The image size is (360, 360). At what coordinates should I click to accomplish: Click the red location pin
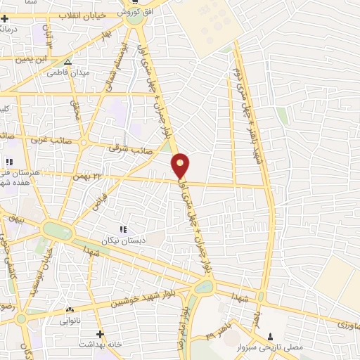pyautogui.click(x=181, y=165)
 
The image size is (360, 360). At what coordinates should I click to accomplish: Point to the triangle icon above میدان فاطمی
pyautogui.click(x=67, y=62)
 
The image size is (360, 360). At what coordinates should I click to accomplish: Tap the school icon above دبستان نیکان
pyautogui.click(x=123, y=229)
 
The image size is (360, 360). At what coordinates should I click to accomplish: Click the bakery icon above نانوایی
pyautogui.click(x=70, y=310)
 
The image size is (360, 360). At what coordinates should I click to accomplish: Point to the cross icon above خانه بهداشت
pyautogui.click(x=100, y=333)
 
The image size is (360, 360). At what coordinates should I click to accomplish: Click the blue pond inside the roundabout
pyautogui.click(x=203, y=287)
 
